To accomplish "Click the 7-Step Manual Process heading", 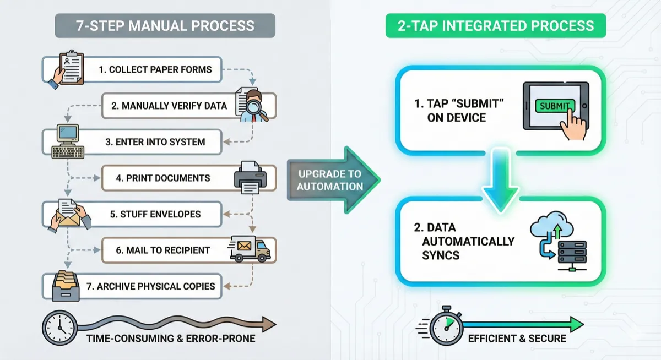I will pyautogui.click(x=165, y=26).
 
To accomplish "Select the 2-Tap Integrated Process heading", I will pyautogui.click(x=495, y=26).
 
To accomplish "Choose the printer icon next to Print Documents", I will pyautogui.click(x=251, y=177).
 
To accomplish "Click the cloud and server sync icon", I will pyautogui.click(x=557, y=243).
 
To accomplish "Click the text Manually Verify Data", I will pyautogui.click(x=169, y=106).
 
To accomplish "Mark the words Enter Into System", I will pyautogui.click(x=155, y=141).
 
